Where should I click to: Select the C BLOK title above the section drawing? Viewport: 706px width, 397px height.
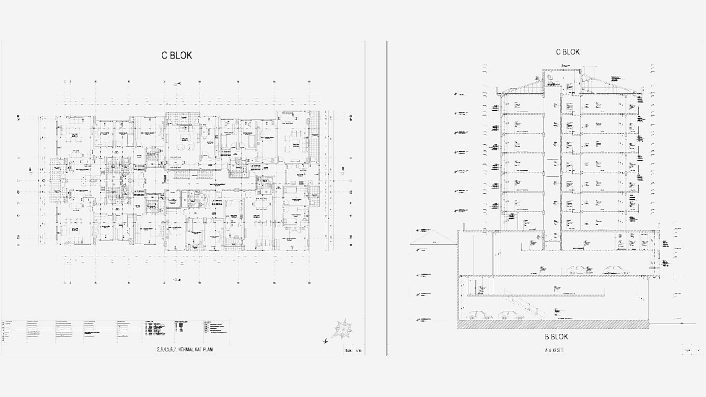coord(568,52)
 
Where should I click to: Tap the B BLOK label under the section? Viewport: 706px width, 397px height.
coord(556,336)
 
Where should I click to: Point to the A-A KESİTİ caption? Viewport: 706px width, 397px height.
coord(555,351)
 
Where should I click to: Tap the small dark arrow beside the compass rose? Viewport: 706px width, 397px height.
coord(325,340)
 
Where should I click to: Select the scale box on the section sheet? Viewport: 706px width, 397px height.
coord(691,351)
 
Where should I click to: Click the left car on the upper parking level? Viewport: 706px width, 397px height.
coord(578,270)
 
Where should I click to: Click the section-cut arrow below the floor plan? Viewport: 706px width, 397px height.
coord(178,280)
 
